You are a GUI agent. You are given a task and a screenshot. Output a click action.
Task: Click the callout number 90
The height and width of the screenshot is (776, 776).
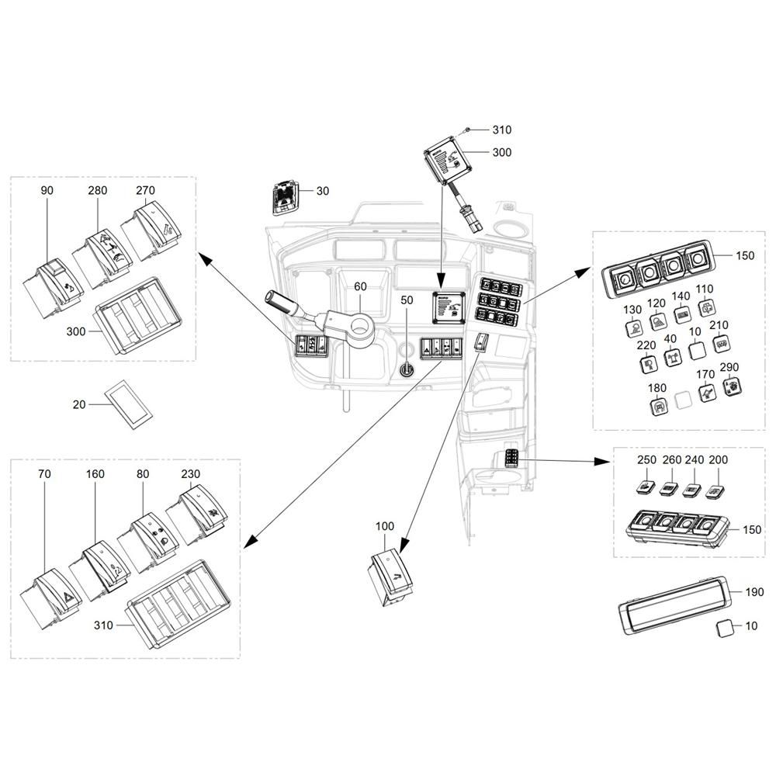(x=47, y=191)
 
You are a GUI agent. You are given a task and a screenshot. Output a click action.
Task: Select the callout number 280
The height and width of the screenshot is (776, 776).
(x=98, y=191)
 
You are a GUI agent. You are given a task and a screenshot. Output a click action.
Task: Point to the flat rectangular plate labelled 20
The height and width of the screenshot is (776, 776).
(x=129, y=404)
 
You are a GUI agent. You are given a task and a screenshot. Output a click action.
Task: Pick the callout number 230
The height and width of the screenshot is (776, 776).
(x=191, y=474)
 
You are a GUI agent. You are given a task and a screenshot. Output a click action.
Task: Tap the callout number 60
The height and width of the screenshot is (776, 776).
(x=360, y=286)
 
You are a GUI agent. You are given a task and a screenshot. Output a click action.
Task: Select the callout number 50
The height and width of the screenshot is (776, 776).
(x=407, y=300)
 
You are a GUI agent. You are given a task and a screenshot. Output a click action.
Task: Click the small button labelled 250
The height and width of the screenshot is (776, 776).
(x=646, y=487)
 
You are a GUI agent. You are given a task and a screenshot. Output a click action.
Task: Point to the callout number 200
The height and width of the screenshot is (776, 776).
(x=718, y=459)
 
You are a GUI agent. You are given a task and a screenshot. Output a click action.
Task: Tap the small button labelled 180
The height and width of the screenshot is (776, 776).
(x=659, y=407)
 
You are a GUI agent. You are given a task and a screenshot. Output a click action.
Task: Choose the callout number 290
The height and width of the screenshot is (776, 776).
(x=729, y=367)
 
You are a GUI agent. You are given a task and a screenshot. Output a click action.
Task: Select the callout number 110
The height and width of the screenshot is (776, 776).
(x=705, y=289)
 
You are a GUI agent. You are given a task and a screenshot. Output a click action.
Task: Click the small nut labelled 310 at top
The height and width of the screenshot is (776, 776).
(x=468, y=130)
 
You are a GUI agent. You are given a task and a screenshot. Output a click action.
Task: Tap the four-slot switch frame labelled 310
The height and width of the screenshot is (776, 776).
(x=180, y=605)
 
